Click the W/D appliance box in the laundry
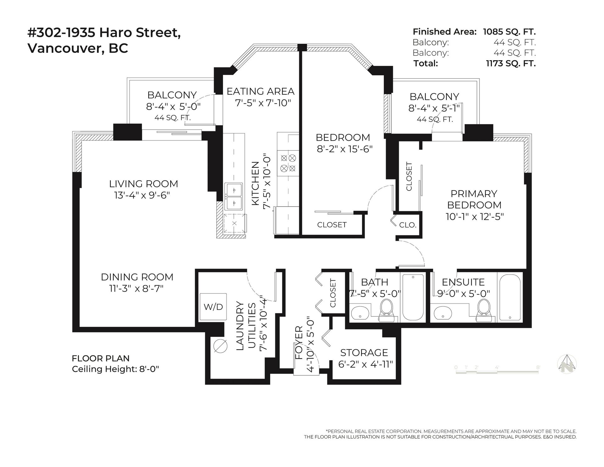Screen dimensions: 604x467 [x=213, y=307]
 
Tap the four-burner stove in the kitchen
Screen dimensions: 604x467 [x=288, y=163]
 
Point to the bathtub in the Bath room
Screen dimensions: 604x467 [x=413, y=298]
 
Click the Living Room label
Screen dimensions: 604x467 [x=143, y=184]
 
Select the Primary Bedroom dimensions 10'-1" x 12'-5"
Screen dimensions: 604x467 [x=474, y=217]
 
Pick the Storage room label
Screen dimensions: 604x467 [x=364, y=352]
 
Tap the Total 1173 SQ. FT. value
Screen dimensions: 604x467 [x=511, y=63]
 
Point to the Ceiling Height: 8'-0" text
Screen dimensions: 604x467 [x=115, y=369]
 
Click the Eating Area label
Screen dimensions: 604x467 [x=260, y=91]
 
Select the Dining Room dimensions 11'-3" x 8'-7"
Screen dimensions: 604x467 [x=137, y=288]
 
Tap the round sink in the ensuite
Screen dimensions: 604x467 [x=443, y=313]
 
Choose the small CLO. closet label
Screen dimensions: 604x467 [x=408, y=225]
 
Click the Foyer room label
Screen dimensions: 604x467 [x=299, y=347]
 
